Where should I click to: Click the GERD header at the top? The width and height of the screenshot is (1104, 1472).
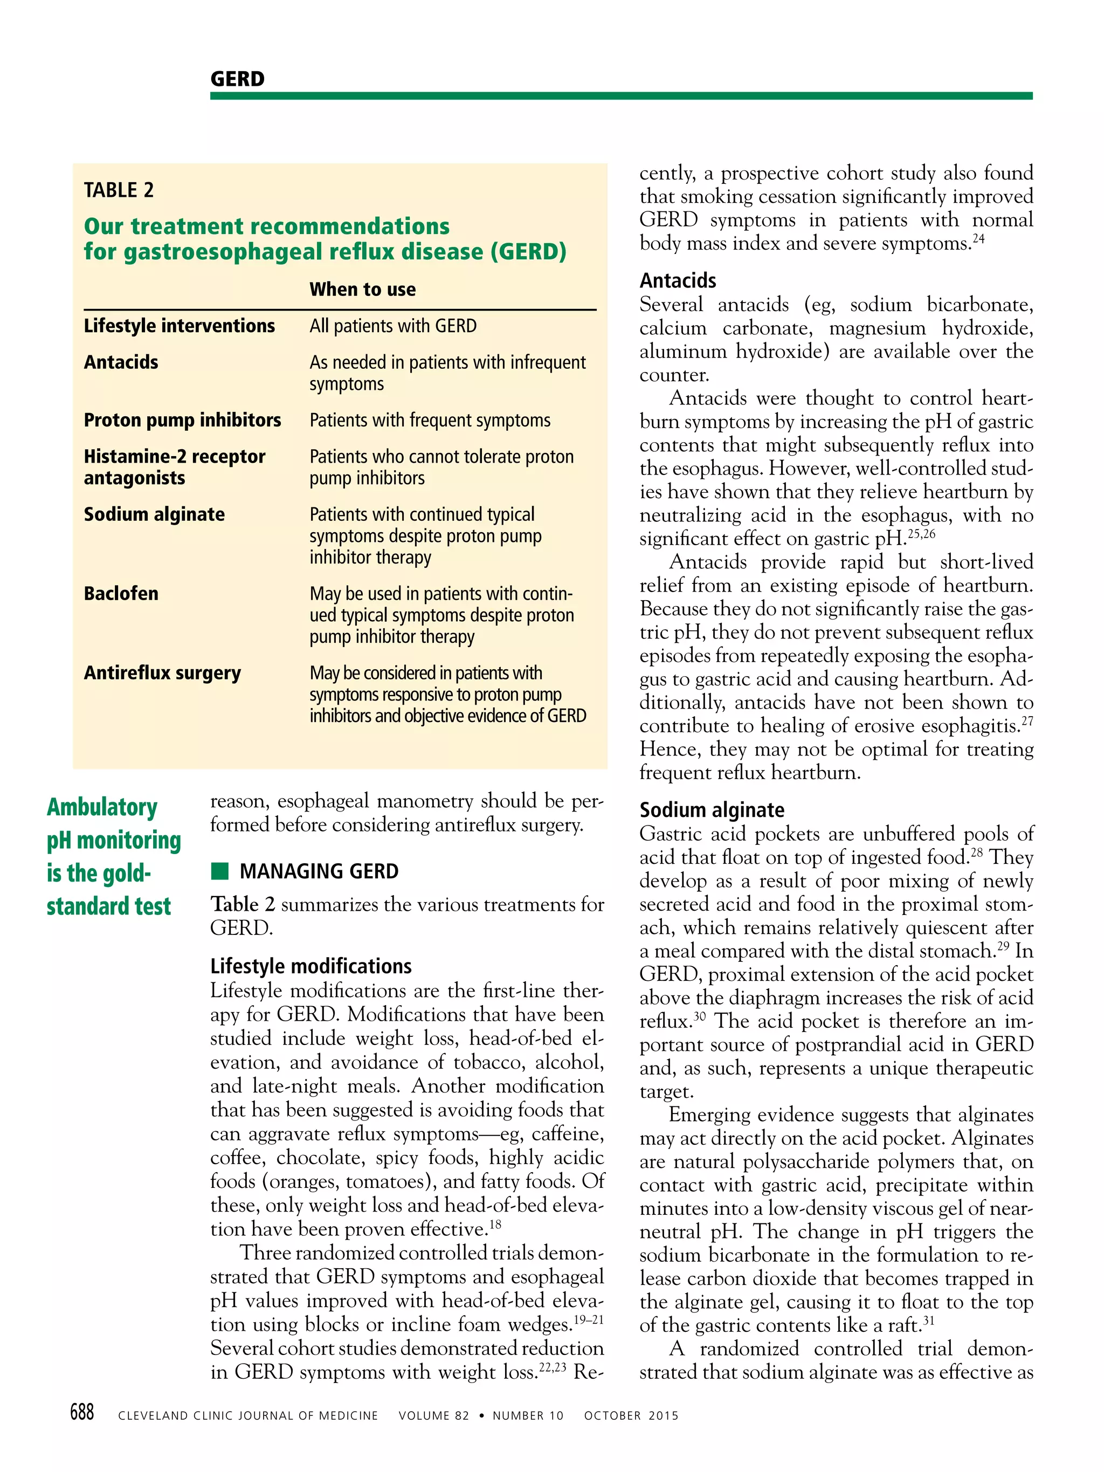click(237, 79)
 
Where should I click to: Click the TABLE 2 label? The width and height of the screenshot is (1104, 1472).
click(119, 190)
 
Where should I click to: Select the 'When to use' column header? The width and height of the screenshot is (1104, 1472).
click(362, 290)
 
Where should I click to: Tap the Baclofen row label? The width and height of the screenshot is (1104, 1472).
click(121, 594)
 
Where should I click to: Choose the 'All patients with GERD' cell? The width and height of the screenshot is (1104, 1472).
click(392, 326)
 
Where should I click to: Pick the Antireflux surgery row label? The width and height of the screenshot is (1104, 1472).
click(162, 673)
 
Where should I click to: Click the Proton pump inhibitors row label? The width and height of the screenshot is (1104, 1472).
click(182, 421)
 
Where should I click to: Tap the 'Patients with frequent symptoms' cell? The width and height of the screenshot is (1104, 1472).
click(430, 421)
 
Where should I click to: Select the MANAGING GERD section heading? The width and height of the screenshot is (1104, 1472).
click(319, 871)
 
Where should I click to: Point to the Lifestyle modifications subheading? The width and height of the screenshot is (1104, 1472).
click(311, 966)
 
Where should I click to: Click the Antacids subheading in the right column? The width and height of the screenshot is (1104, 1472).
click(678, 281)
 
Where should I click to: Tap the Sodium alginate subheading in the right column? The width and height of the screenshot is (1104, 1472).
click(712, 810)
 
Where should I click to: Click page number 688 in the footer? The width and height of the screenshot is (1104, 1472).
click(82, 1412)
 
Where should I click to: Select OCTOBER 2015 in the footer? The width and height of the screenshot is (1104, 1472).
click(631, 1415)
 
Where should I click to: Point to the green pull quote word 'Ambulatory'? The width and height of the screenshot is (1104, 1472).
click(102, 807)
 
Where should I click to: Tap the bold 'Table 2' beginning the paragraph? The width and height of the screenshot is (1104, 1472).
click(242, 904)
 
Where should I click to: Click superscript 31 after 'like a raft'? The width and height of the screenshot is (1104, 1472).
click(928, 1319)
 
